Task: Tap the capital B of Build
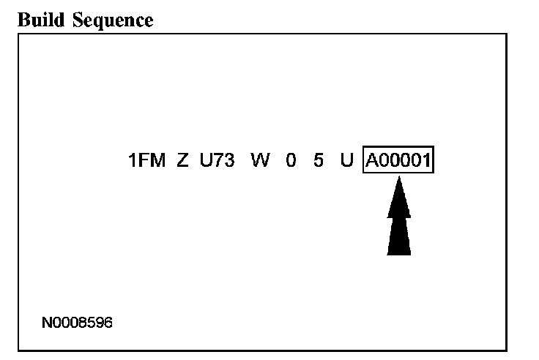[x=21, y=20]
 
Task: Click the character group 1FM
[x=146, y=160]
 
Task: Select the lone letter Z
[x=182, y=160]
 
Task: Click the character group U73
[x=218, y=160]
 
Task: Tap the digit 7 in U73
[x=218, y=160]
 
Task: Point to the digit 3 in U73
[x=228, y=160]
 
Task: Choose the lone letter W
[x=260, y=160]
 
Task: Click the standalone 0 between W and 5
[x=291, y=160]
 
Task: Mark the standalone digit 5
[x=319, y=160]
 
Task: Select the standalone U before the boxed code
[x=346, y=160]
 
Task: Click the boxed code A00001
[x=398, y=160]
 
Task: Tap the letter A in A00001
[x=371, y=160]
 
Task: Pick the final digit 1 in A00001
[x=426, y=160]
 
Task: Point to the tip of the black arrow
[x=398, y=180]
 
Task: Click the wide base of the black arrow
[x=398, y=245]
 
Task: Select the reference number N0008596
[x=78, y=322]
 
